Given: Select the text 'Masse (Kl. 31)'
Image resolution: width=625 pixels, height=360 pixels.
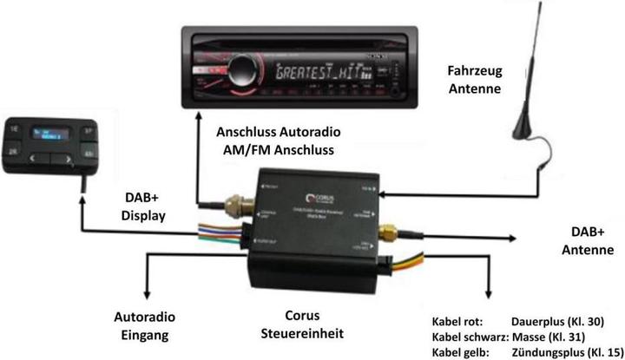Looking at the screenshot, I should pyautogui.click(x=546, y=336).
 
